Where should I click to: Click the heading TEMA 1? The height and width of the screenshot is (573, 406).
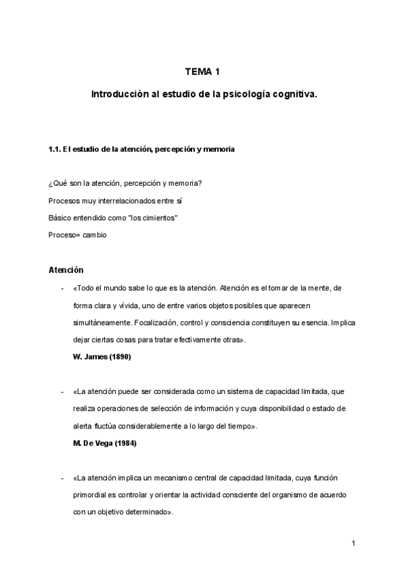click(x=202, y=72)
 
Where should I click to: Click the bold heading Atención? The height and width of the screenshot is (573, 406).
click(x=66, y=270)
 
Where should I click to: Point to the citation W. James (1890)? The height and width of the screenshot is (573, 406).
click(x=101, y=356)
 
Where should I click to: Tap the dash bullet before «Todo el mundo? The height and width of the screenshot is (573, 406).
click(x=63, y=288)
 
